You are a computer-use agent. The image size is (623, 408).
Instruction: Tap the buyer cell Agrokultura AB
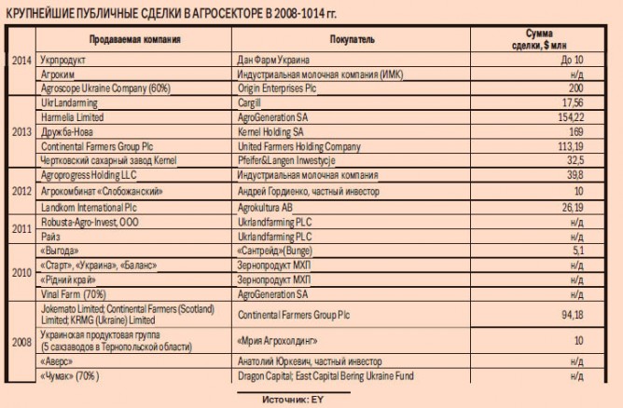click(x=265, y=207)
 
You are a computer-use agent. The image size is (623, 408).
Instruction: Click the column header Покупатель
click(x=353, y=40)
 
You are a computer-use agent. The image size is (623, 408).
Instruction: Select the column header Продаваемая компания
click(x=135, y=40)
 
